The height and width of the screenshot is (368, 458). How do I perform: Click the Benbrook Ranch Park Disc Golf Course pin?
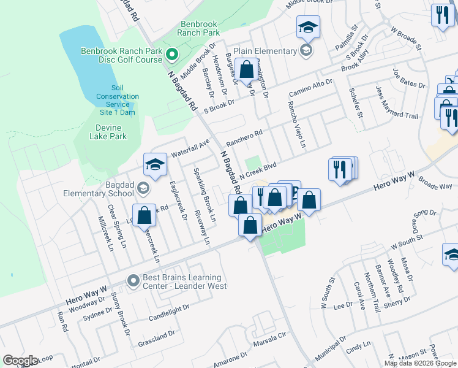(172, 55)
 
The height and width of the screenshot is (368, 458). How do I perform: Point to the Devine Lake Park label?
(103, 132)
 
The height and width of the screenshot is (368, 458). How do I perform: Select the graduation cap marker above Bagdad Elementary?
(156, 164)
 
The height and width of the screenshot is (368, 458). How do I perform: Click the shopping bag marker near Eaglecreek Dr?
(144, 215)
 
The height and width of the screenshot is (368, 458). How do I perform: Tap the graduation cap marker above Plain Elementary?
(308, 27)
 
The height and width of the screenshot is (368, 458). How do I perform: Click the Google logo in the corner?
(20, 361)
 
